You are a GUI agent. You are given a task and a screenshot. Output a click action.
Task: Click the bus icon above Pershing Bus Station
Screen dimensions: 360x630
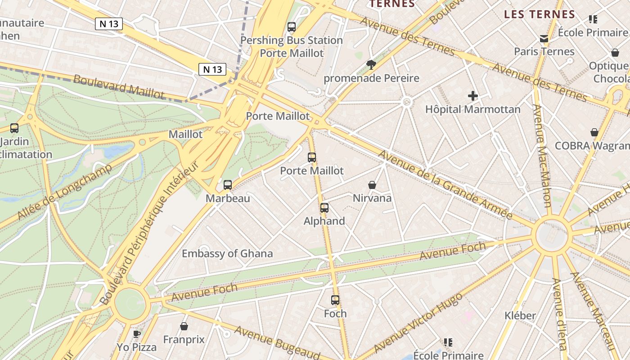tap(292, 27)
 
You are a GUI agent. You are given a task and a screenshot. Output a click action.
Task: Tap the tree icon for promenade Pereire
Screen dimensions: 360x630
tap(371, 65)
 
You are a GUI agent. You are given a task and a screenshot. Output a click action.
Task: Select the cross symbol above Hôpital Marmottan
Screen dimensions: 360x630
tap(473, 96)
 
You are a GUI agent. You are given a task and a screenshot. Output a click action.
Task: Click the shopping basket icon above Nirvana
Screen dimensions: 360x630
tap(372, 185)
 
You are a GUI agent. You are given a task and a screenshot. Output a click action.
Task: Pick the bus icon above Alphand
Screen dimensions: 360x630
tap(324, 208)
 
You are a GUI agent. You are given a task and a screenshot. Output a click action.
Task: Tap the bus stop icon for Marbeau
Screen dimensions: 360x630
tap(228, 185)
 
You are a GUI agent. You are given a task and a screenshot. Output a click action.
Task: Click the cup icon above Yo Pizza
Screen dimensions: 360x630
tap(137, 334)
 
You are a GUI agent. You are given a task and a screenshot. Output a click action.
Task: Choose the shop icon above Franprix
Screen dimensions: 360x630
tap(184, 326)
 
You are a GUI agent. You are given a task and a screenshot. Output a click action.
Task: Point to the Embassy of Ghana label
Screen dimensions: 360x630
tap(227, 253)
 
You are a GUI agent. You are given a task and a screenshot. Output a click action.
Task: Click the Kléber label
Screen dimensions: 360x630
tap(520, 315)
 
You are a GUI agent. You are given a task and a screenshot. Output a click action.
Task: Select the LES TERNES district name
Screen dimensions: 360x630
tap(540, 14)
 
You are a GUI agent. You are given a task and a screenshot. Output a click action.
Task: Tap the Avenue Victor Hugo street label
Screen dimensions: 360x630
tap(418, 322)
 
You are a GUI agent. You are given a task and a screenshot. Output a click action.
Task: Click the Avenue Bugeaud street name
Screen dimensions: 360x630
tap(277, 342)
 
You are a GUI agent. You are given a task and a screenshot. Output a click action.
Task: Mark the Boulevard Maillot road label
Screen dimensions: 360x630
tap(119, 86)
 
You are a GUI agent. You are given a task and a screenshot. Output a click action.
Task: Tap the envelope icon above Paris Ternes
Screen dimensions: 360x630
tap(544, 39)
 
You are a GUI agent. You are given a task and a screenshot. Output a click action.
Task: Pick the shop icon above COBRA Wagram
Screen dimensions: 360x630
tap(594, 132)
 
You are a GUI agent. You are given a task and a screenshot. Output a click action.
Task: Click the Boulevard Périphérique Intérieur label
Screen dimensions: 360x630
tap(149, 234)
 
